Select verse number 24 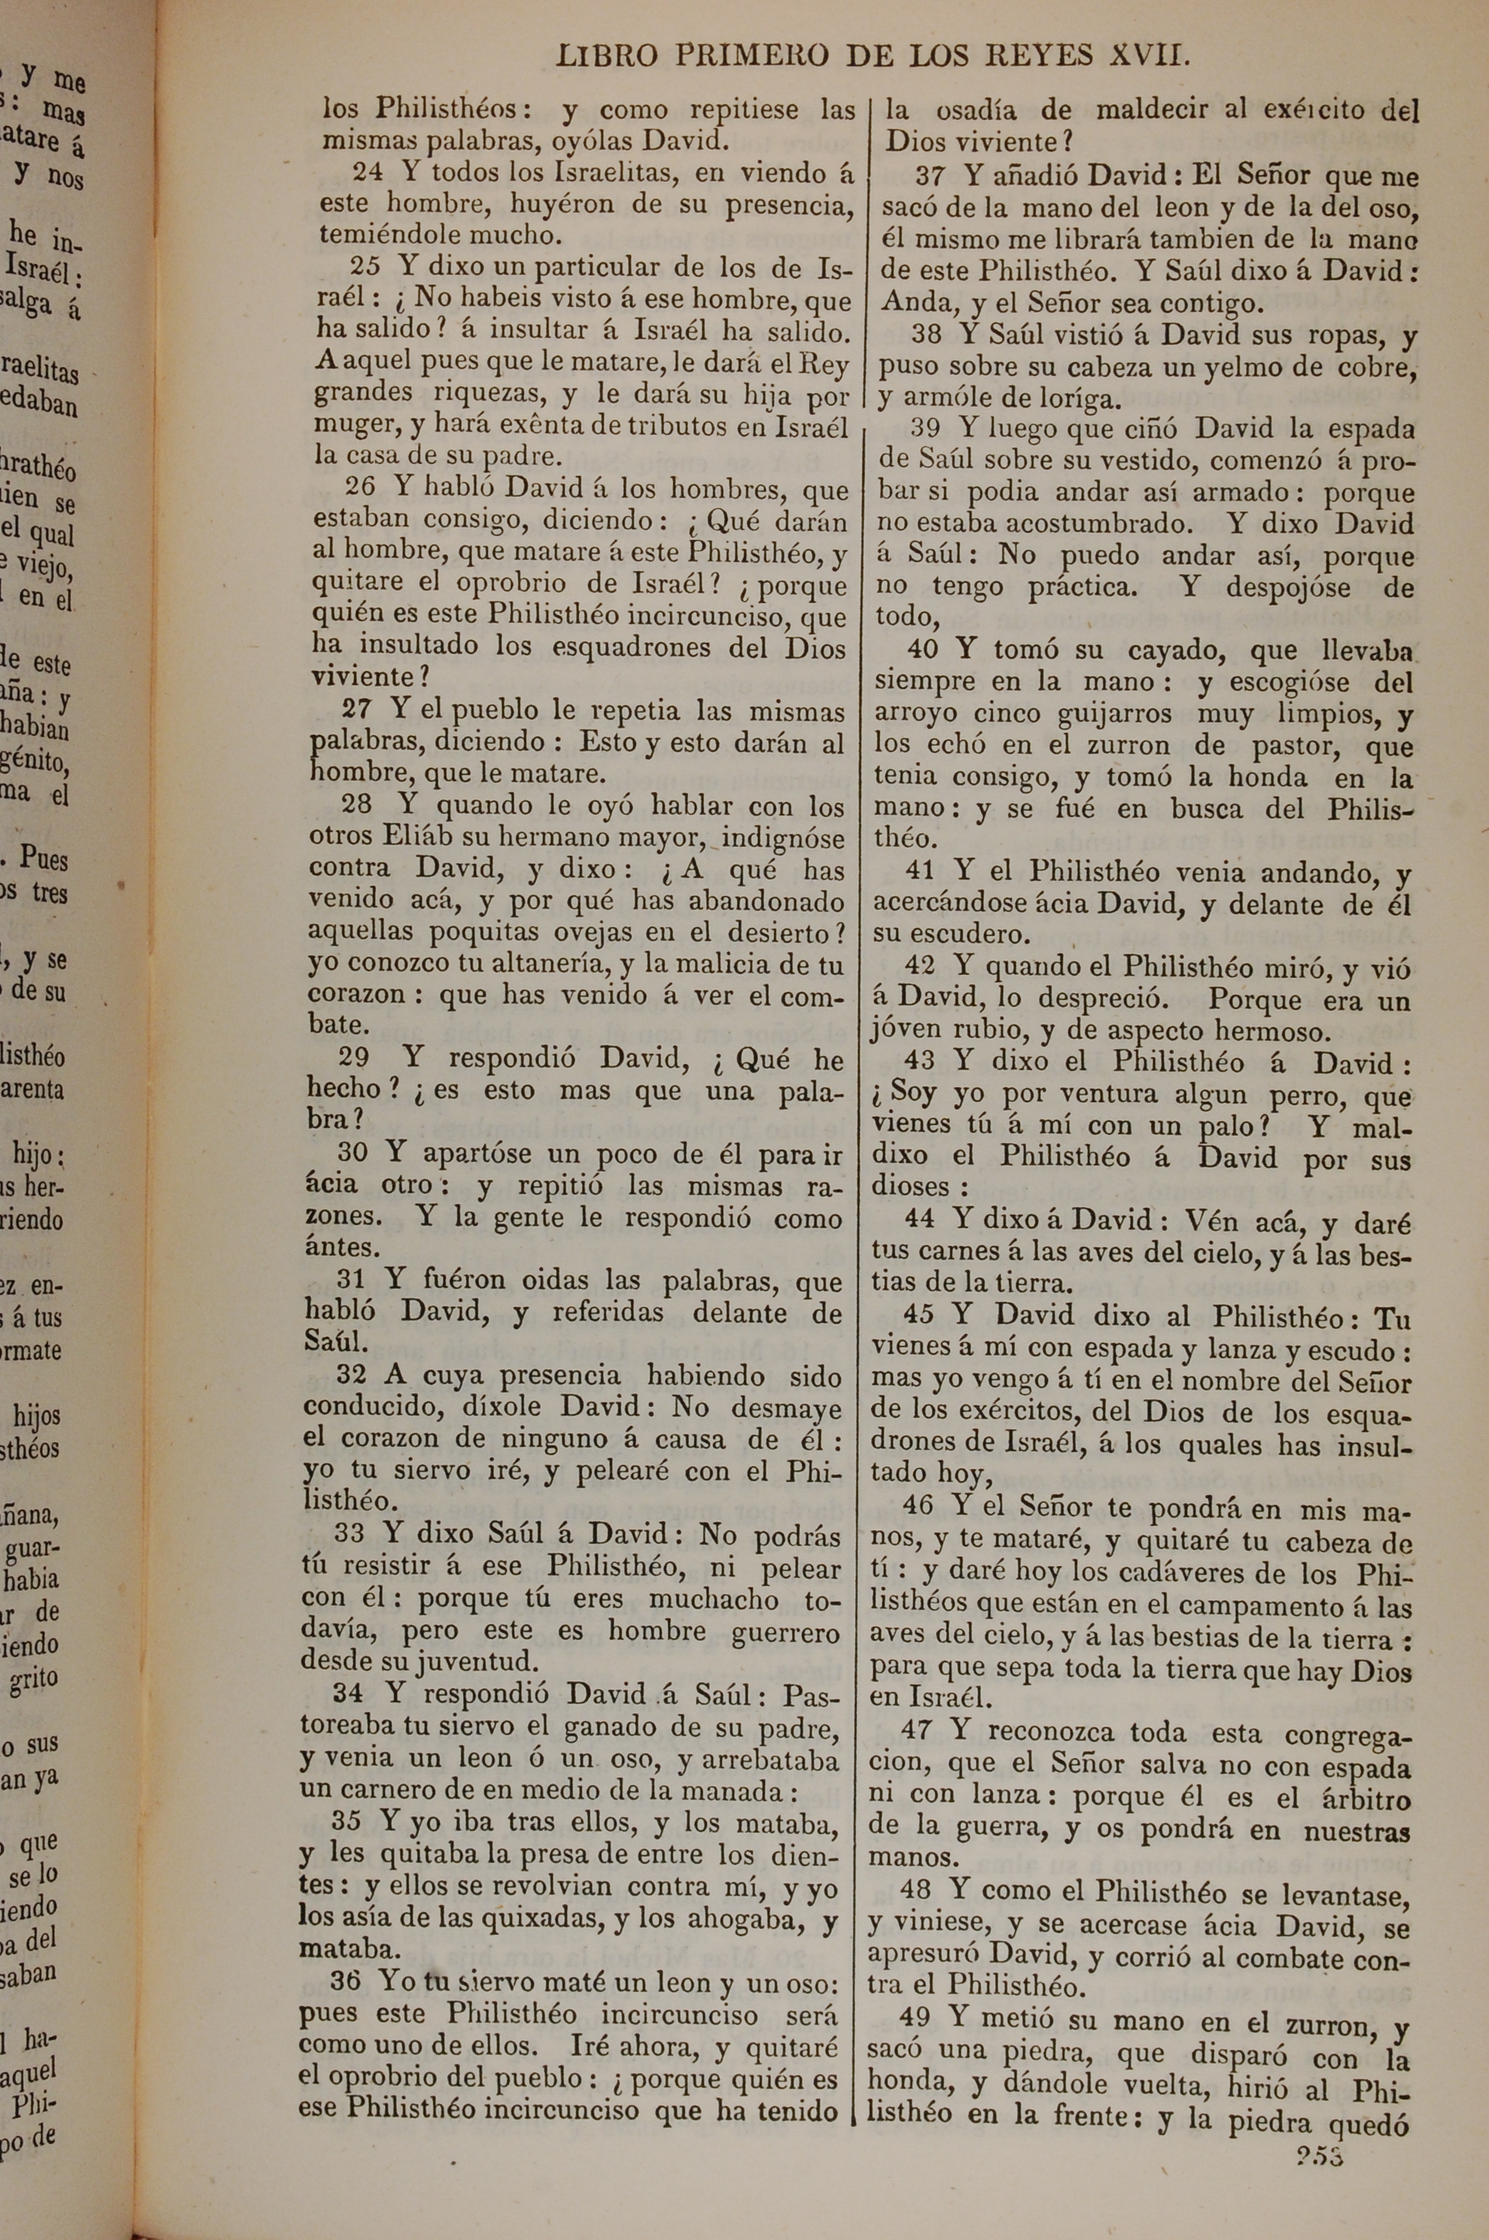pos(369,173)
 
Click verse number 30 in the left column pos(352,1153)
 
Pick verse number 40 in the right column pos(923,649)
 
